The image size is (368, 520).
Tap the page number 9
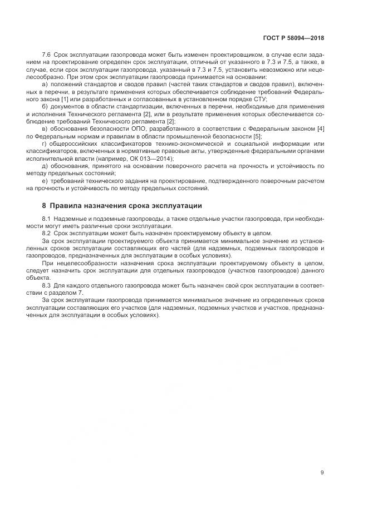(x=322, y=473)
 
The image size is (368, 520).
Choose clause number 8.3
(x=46, y=285)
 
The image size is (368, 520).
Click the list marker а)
(x=45, y=84)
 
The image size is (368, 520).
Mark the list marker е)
(x=45, y=181)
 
